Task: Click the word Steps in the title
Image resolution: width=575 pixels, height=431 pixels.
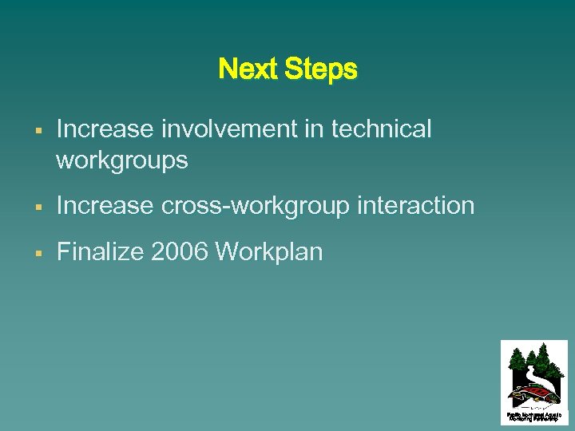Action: pos(319,69)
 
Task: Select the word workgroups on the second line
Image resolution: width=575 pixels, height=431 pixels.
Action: pos(122,161)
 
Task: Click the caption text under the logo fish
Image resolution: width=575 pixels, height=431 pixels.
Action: pos(533,416)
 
